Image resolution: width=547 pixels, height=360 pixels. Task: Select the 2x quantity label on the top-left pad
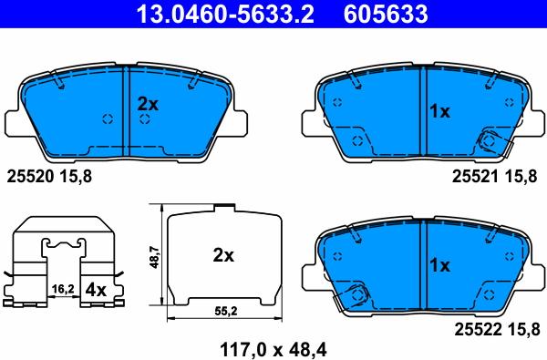148,105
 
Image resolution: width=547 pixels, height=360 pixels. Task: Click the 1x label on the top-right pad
439,111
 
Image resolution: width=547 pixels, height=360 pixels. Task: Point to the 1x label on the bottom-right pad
439,266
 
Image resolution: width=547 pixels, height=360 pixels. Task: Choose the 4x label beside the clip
96,289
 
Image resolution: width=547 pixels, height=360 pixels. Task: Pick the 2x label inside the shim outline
223,256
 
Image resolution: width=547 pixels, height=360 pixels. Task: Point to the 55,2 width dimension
223,312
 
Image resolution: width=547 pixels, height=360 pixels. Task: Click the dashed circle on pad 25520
107,118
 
